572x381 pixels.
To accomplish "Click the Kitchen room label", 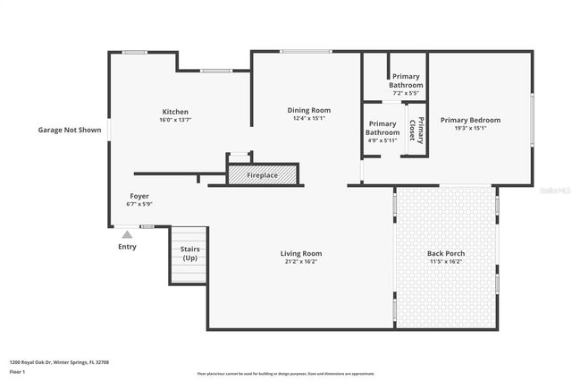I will pyautogui.click(x=175, y=112).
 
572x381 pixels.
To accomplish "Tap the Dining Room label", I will pyautogui.click(x=309, y=110).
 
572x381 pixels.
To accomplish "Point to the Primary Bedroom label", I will pyautogui.click(x=470, y=120).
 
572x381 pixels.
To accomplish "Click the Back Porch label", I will pyautogui.click(x=445, y=253).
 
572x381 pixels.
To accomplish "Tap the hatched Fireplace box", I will pyautogui.click(x=262, y=175).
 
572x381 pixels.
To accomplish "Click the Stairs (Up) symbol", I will pyautogui.click(x=189, y=253).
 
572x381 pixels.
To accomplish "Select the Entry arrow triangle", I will pyautogui.click(x=127, y=235).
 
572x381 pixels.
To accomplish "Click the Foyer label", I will pyautogui.click(x=139, y=195).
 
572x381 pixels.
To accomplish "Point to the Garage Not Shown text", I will pyautogui.click(x=68, y=130).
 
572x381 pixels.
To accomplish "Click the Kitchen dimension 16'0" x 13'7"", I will pyautogui.click(x=175, y=120).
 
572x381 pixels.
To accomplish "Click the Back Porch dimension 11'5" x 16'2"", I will pyautogui.click(x=445, y=262).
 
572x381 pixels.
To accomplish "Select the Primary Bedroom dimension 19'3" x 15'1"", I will pyautogui.click(x=470, y=128).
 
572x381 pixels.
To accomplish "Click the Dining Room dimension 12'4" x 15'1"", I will pyautogui.click(x=309, y=118).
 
